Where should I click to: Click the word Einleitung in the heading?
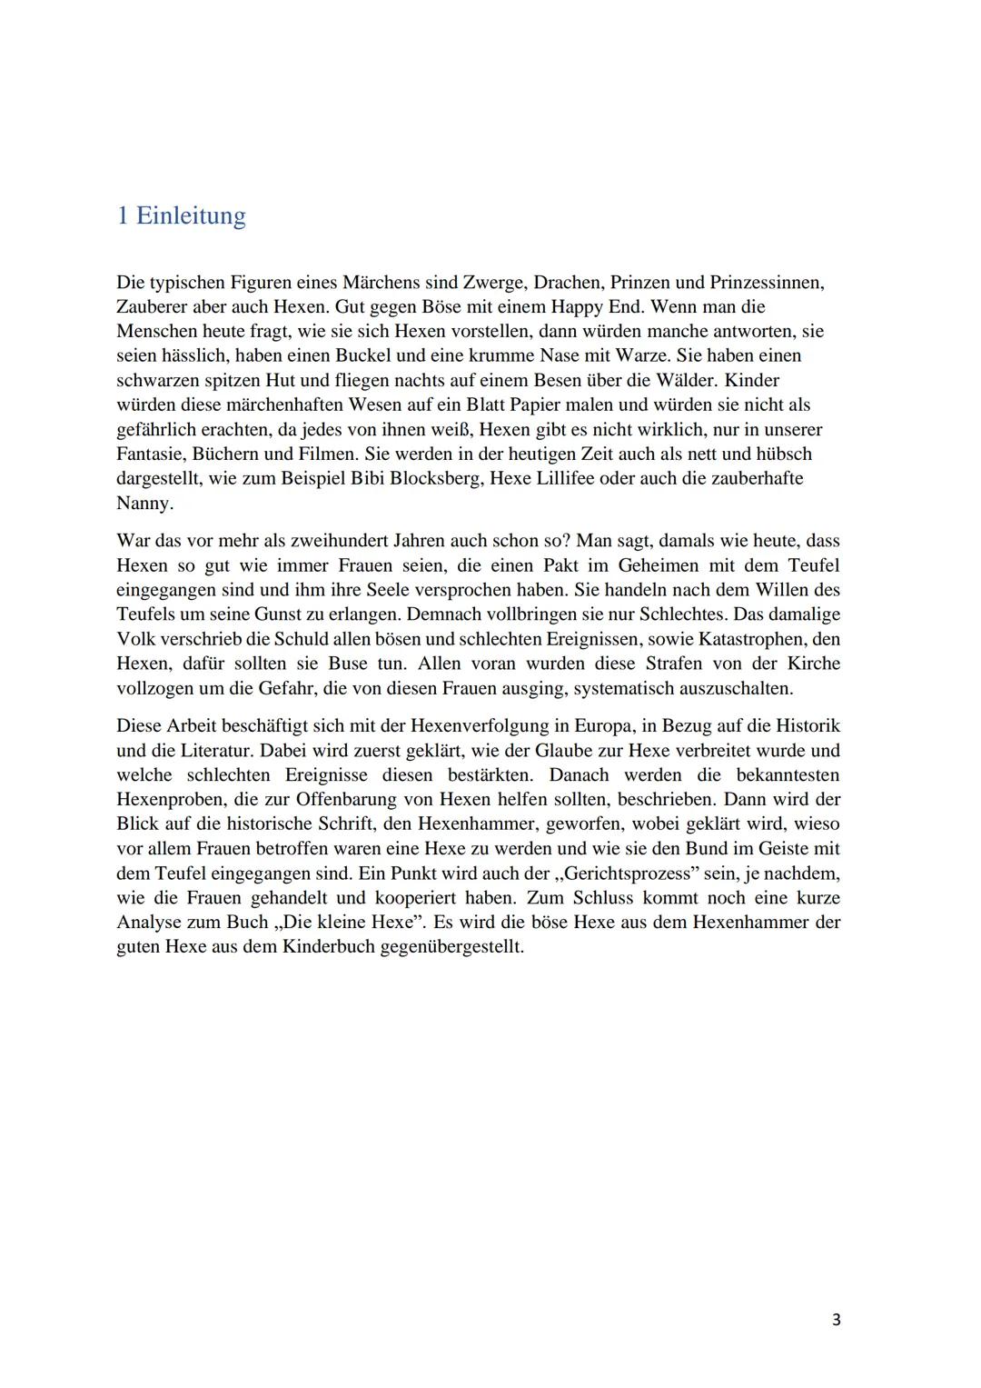(191, 216)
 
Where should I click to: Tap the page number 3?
(836, 1319)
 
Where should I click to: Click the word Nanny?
(144, 504)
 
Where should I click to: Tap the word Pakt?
(556, 566)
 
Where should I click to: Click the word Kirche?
(814, 664)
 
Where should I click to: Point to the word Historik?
(804, 727)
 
